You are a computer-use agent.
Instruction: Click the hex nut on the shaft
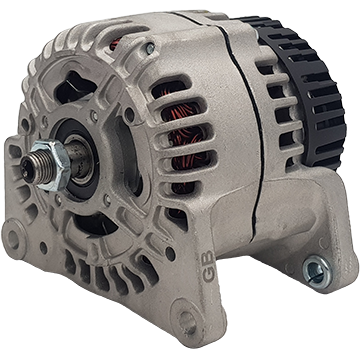53,165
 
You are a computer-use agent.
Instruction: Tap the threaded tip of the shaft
31,169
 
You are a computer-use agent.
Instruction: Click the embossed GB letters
208,266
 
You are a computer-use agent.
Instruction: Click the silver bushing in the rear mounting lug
317,271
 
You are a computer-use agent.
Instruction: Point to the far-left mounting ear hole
13,239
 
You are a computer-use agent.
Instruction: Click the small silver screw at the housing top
150,49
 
